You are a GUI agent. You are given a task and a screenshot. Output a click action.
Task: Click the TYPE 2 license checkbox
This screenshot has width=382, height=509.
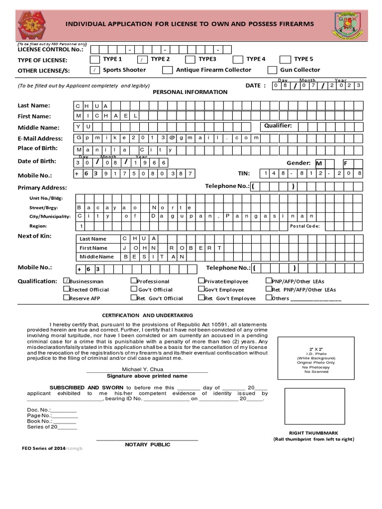click(x=142, y=59)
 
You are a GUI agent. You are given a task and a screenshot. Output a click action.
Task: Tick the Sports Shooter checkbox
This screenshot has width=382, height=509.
click(x=95, y=70)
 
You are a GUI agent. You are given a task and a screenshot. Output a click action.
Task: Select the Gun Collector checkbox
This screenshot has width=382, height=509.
click(x=272, y=70)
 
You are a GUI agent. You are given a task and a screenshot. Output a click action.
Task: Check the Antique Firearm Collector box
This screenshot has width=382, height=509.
click(x=168, y=70)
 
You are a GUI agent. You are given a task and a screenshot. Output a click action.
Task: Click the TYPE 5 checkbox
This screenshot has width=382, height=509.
click(x=285, y=59)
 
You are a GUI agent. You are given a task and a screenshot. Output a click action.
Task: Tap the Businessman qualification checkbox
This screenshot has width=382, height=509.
click(x=66, y=281)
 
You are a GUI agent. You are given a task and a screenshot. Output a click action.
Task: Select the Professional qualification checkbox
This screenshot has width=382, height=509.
click(x=133, y=281)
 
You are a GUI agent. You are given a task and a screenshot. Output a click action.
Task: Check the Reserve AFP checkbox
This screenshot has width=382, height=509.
click(x=66, y=298)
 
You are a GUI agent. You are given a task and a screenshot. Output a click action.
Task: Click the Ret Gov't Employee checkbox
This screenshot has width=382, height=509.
click(x=201, y=298)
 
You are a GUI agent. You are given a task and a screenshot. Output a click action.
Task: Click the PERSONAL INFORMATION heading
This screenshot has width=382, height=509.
click(x=190, y=92)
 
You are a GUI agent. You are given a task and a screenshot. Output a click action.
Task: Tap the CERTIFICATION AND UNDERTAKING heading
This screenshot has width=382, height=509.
click(x=147, y=315)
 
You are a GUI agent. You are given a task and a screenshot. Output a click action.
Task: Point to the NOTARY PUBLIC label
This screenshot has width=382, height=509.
click(x=147, y=444)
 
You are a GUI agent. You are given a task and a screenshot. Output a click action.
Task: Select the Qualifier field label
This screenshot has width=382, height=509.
click(x=278, y=126)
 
